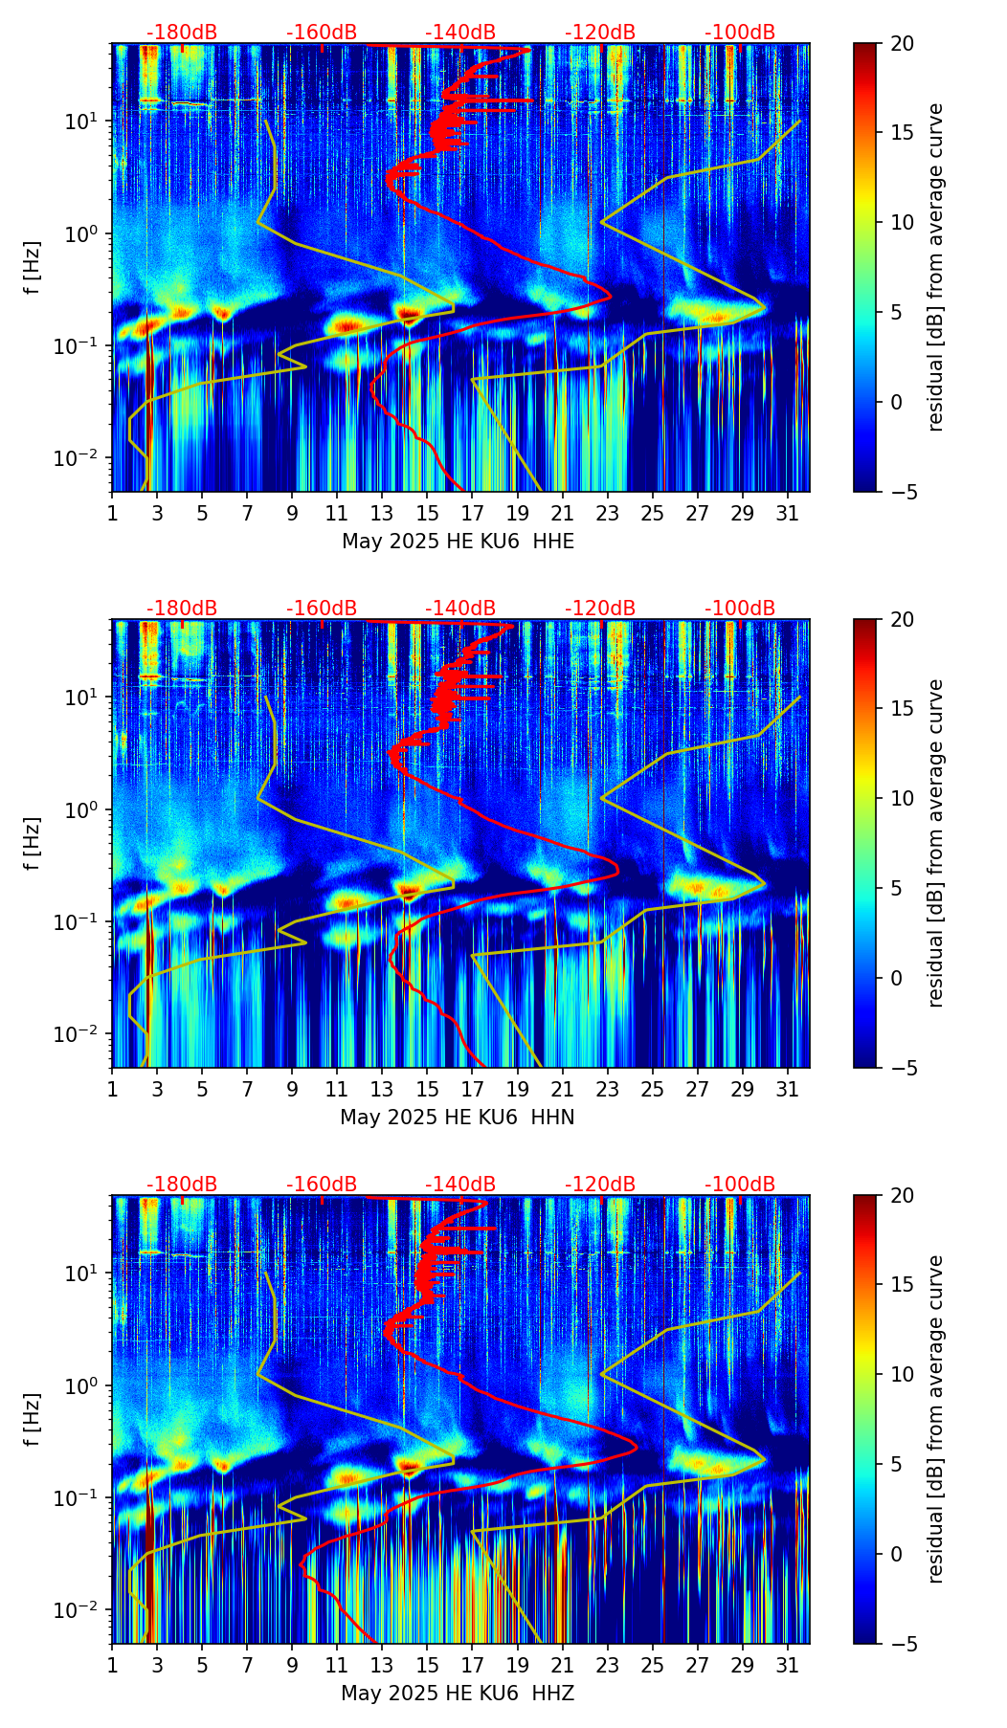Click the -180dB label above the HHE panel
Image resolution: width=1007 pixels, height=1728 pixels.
tap(181, 33)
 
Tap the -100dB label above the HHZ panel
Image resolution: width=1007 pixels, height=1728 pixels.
tap(740, 1185)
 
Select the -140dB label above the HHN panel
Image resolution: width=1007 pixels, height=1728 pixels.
tap(460, 609)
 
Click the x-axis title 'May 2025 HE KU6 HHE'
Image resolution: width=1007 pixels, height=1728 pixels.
tap(458, 542)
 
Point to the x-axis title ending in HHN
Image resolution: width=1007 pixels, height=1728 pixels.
tap(458, 1118)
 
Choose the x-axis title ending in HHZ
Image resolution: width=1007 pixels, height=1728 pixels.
tap(458, 1694)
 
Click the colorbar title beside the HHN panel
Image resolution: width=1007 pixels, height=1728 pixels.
tap(935, 843)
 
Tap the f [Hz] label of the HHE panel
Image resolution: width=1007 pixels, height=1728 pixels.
tap(33, 267)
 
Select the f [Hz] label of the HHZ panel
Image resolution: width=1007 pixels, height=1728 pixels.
tap(33, 1419)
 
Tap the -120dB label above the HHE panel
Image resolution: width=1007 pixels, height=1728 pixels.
tap(600, 33)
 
